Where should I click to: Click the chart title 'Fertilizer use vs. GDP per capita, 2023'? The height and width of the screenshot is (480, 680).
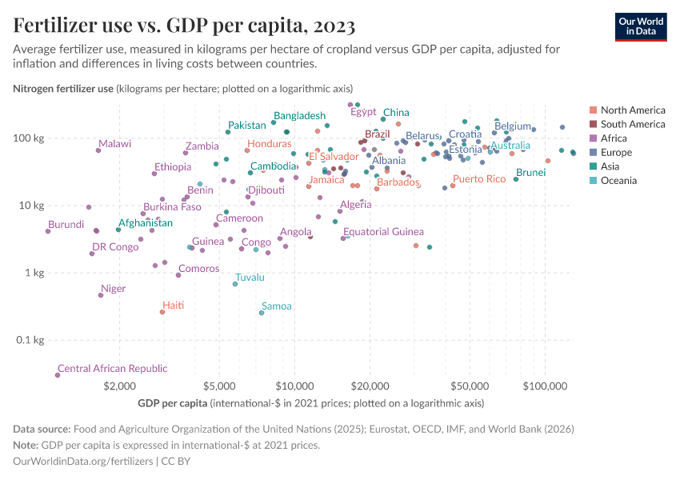185,26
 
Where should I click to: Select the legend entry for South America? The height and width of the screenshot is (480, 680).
632,124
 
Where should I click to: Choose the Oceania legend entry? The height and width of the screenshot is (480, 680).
618,181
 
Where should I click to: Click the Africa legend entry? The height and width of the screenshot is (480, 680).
614,138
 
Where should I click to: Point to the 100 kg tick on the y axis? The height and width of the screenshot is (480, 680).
28,138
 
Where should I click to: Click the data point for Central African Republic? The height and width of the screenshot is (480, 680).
58,375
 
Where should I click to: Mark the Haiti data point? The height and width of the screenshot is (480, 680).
162,312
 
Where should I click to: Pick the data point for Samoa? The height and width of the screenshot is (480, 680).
262,313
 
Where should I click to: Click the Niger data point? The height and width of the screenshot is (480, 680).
101,295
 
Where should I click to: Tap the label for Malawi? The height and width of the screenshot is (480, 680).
114,144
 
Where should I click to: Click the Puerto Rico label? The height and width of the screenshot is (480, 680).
479,179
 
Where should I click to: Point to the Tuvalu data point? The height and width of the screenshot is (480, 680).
235,284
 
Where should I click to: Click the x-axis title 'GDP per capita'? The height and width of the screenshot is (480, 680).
173,402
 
